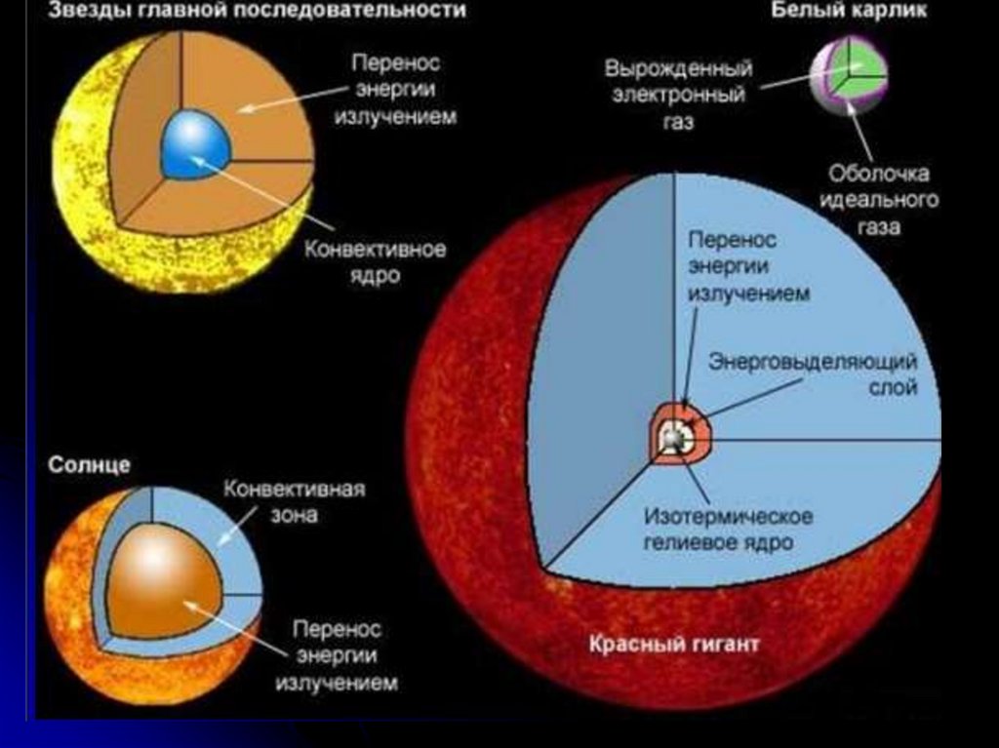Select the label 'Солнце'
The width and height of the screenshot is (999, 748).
click(x=89, y=465)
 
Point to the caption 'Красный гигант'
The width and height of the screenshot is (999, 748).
click(x=673, y=645)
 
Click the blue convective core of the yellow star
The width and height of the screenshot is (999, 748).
click(x=195, y=144)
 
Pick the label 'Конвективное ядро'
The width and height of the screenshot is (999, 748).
click(x=376, y=262)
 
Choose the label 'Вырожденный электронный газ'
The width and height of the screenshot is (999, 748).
click(x=678, y=96)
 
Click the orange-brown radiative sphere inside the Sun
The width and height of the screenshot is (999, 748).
click(x=161, y=580)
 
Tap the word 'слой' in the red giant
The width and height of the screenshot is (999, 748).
click(x=895, y=387)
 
